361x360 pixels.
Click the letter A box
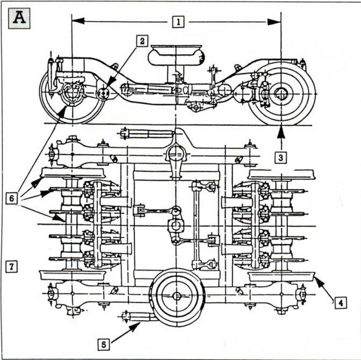(x=19, y=18)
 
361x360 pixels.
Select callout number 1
(x=178, y=22)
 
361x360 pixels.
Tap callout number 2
(x=142, y=41)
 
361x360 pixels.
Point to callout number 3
(x=280, y=158)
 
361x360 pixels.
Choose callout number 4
(x=341, y=303)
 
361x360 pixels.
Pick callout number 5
(x=103, y=344)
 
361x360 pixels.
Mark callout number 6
(x=11, y=198)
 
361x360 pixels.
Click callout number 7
(x=11, y=267)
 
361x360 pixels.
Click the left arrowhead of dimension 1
(x=78, y=21)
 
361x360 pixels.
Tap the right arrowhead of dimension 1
(x=274, y=22)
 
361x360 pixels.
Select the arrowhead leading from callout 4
(x=319, y=282)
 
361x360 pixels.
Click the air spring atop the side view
(x=176, y=55)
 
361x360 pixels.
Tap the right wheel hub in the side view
(x=281, y=93)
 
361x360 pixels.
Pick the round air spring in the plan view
(x=177, y=296)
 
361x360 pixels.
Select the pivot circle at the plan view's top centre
(x=176, y=153)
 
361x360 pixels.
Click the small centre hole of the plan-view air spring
(x=177, y=296)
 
